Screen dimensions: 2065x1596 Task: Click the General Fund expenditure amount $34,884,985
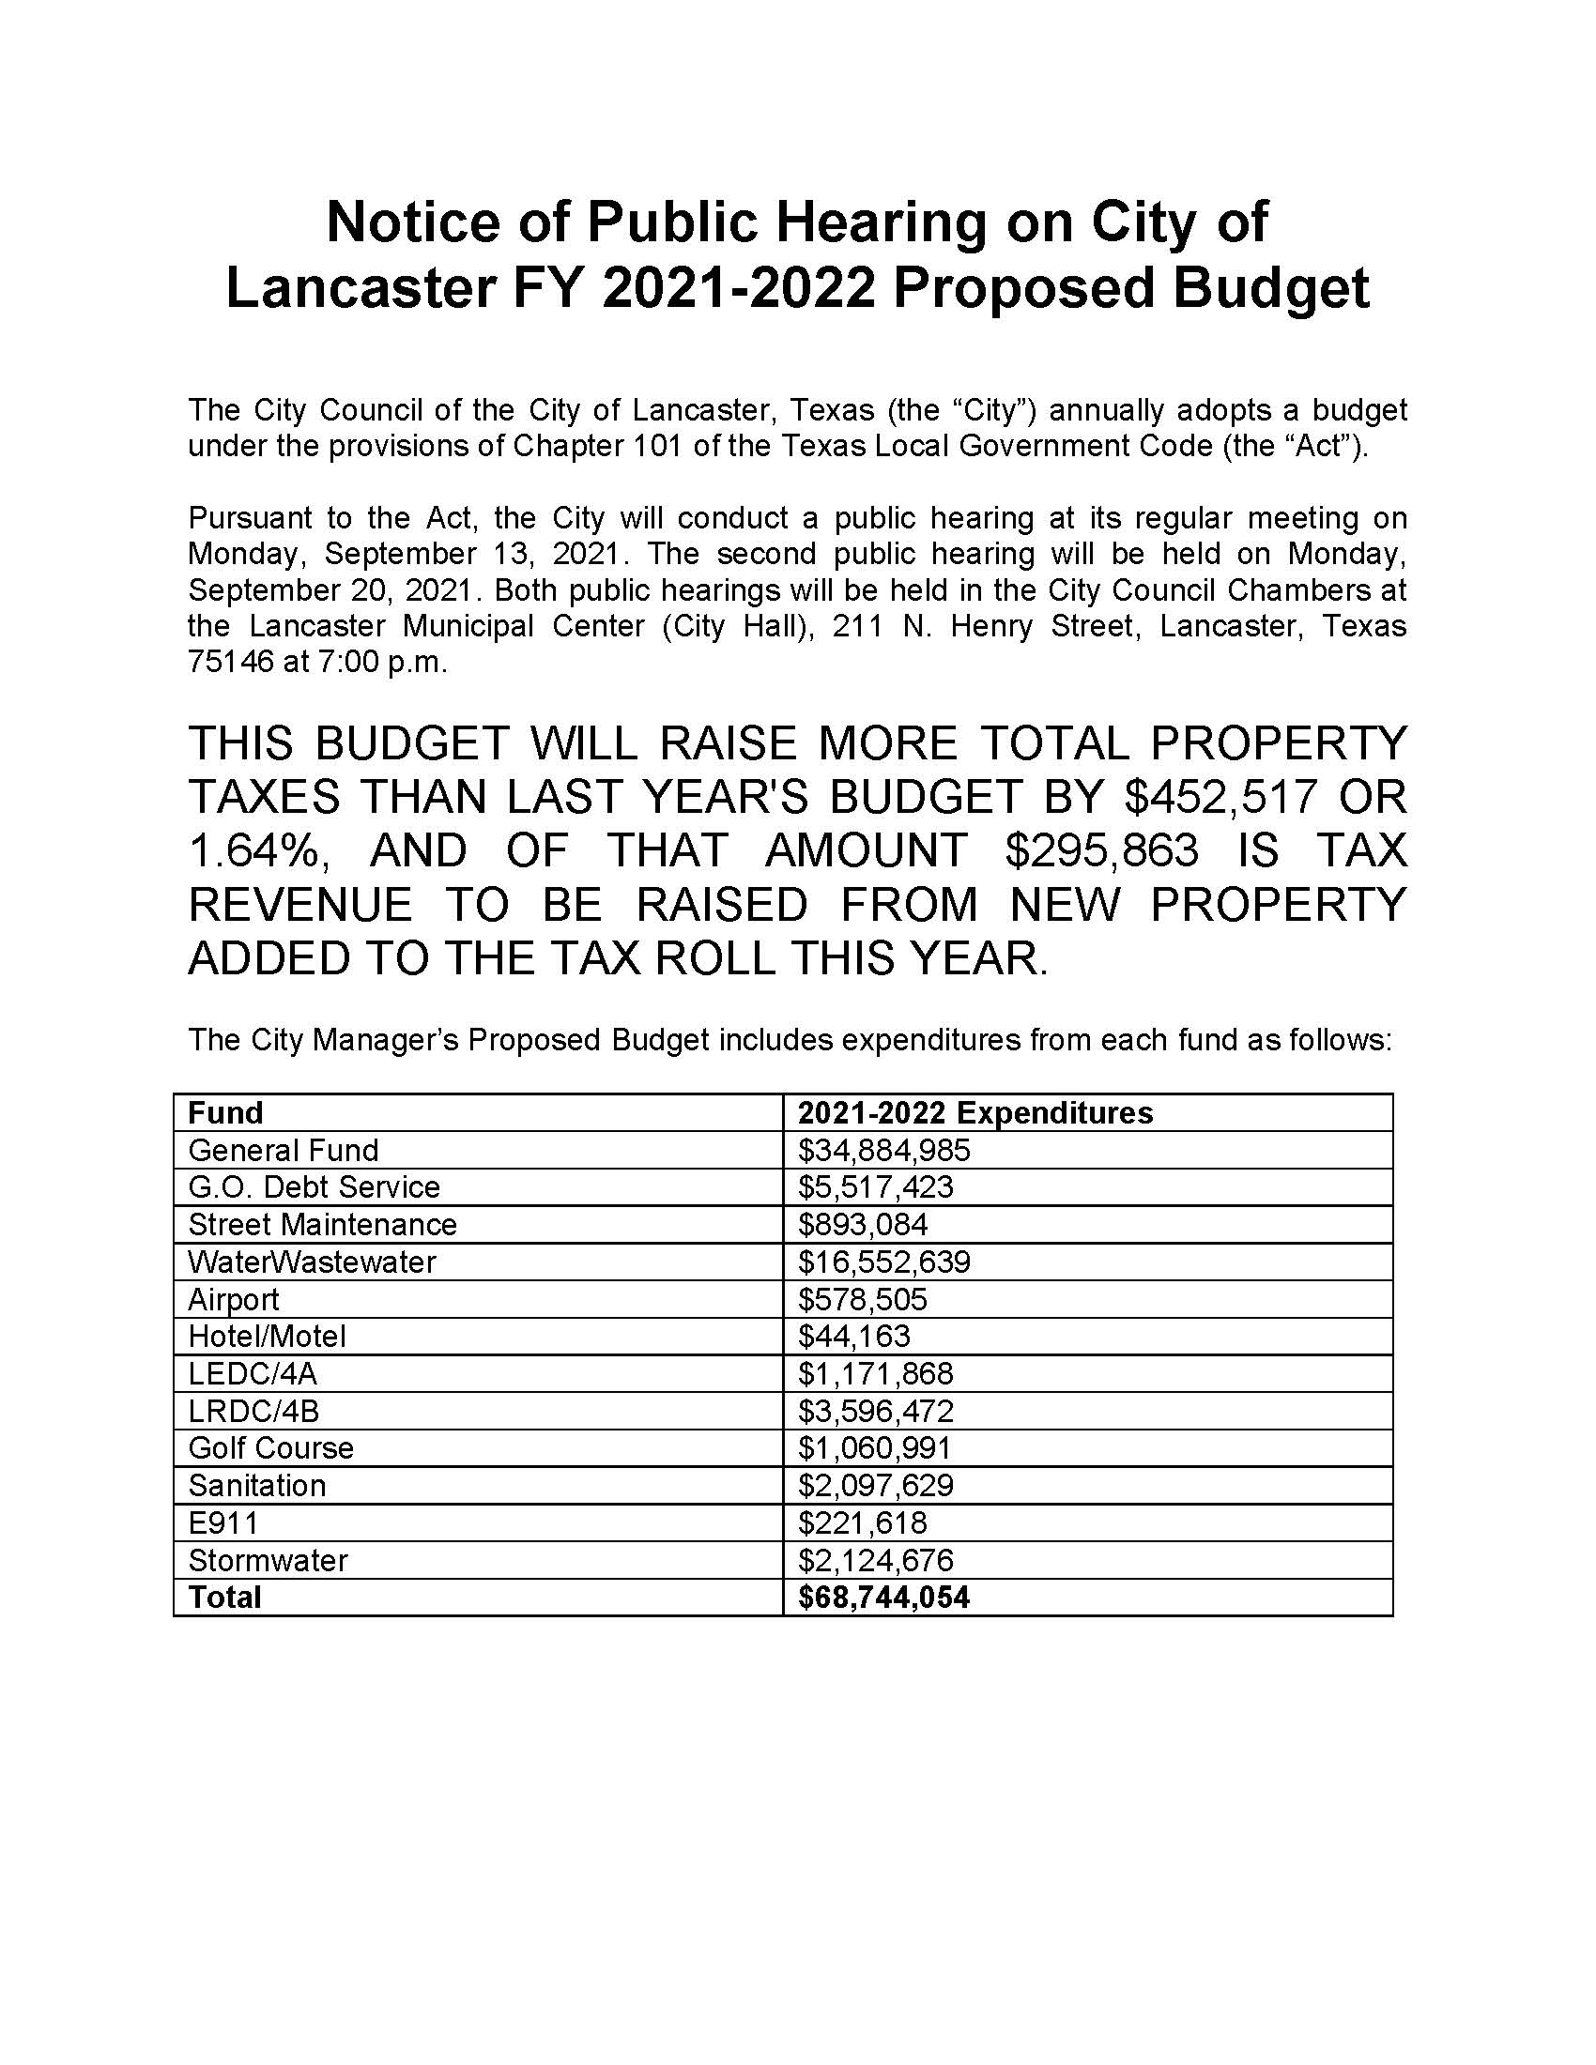point(883,1150)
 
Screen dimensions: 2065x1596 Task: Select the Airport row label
point(234,1299)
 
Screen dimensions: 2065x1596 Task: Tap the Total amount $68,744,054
point(883,1597)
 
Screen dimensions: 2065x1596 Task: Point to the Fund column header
point(225,1112)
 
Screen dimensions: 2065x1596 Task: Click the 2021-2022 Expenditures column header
point(974,1112)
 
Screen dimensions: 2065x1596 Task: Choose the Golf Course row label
point(270,1447)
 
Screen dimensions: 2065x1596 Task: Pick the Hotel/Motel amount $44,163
point(853,1336)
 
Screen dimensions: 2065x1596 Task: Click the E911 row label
point(223,1522)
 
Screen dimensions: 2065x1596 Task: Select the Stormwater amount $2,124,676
point(876,1560)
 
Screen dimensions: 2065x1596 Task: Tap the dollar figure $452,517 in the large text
point(1220,797)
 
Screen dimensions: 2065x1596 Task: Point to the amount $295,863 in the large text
point(1101,851)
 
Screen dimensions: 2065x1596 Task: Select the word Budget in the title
point(1271,288)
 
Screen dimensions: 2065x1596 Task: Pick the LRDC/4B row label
point(253,1411)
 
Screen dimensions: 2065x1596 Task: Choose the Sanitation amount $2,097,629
point(876,1486)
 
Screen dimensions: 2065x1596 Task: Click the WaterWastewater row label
point(312,1262)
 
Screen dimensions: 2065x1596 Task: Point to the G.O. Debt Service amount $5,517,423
point(876,1186)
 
